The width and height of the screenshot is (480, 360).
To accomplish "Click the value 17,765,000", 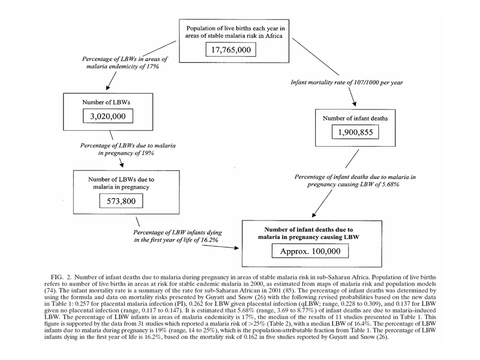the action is pyautogui.click(x=231, y=49).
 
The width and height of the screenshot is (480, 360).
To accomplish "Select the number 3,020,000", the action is pyautogui.click(x=108, y=116).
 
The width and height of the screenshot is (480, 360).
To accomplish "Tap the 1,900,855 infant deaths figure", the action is pyautogui.click(x=355, y=132).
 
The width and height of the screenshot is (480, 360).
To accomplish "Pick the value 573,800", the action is pyautogui.click(x=121, y=201).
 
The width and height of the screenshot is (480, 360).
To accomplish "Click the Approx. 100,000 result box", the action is pyautogui.click(x=310, y=251).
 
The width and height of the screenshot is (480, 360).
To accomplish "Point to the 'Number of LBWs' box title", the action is pyautogui.click(x=106, y=102).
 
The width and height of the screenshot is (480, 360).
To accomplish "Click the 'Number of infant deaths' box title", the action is pyautogui.click(x=355, y=118).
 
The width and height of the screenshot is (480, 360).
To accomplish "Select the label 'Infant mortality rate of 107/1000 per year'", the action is pyautogui.click(x=346, y=82).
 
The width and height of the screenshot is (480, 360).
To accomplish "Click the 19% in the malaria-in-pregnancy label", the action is pyautogui.click(x=147, y=153).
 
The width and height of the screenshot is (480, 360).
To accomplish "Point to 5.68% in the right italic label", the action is pyautogui.click(x=390, y=184).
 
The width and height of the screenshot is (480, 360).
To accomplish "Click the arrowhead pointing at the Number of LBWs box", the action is pyautogui.click(x=107, y=88).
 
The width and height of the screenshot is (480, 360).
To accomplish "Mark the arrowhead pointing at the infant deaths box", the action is pyautogui.click(x=354, y=104).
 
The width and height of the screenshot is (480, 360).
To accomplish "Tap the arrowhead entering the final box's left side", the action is pyautogui.click(x=236, y=248).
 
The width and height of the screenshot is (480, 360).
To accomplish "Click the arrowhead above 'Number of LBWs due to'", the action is pyautogui.click(x=122, y=165).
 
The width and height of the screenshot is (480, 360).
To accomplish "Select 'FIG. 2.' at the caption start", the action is pyautogui.click(x=61, y=277).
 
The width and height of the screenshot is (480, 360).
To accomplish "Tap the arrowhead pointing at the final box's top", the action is pyautogui.click(x=314, y=215).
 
